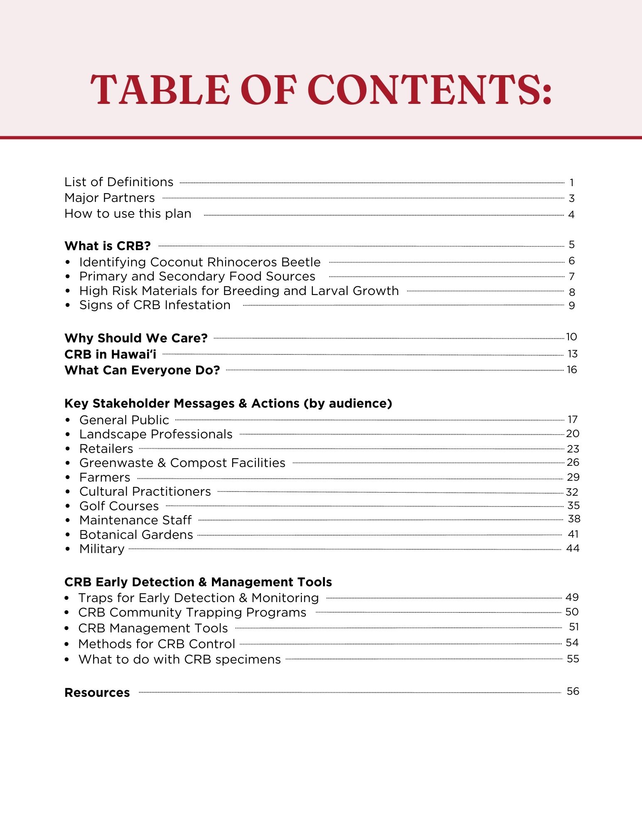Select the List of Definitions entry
pyautogui.click(x=119, y=182)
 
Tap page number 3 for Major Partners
pyautogui.click(x=572, y=199)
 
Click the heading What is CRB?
pyautogui.click(x=108, y=246)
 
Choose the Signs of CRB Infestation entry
pyautogui.click(x=155, y=305)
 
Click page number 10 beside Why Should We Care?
pyautogui.click(x=571, y=337)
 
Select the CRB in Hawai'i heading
pyautogui.click(x=111, y=354)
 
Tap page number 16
pyautogui.click(x=572, y=370)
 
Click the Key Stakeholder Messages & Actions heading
pyautogui.click(x=228, y=403)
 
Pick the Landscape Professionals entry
pyautogui.click(x=156, y=434)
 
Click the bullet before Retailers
pyautogui.click(x=68, y=449)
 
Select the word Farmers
pyautogui.click(x=105, y=477)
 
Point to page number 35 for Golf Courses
pyautogui.click(x=573, y=506)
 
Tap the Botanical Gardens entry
pyautogui.click(x=136, y=535)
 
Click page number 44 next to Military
pyautogui.click(x=573, y=548)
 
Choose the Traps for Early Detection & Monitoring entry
pyautogui.click(x=199, y=598)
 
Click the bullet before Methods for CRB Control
pyautogui.click(x=67, y=644)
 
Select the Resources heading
pyautogui.click(x=97, y=693)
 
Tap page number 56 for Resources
pyautogui.click(x=573, y=691)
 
